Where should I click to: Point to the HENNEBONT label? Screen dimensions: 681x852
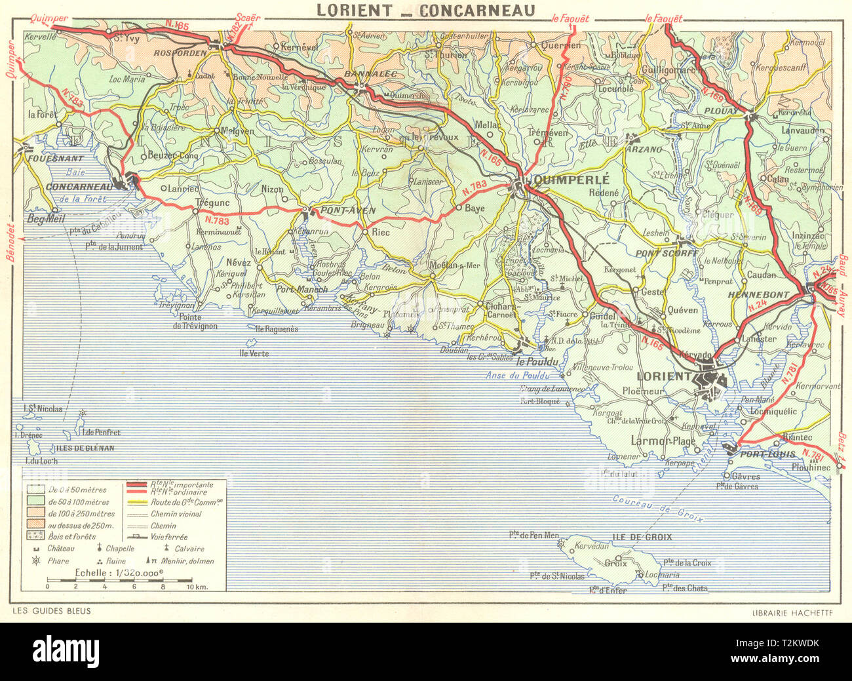coord(759,295)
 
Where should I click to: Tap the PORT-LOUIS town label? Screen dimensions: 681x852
coord(767,454)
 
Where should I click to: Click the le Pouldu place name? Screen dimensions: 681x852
coord(537,362)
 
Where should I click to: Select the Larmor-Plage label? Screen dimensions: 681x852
coord(662,441)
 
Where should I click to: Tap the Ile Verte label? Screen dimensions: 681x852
coord(254,353)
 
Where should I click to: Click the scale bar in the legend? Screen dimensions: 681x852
coord(119,581)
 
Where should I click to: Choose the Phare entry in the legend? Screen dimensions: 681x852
coord(56,561)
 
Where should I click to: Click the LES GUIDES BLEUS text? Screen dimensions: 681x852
coord(51,611)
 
